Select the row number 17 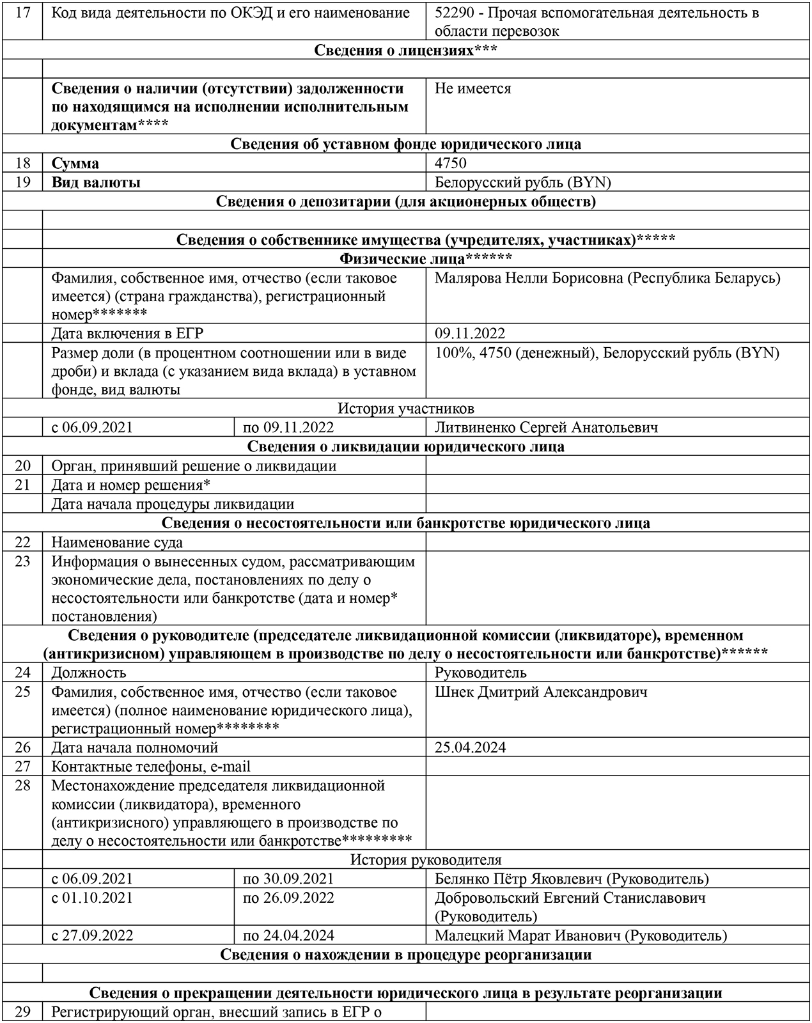pos(22,13)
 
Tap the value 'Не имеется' pos(472,89)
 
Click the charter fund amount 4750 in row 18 pos(451,164)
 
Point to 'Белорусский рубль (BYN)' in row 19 pos(522,183)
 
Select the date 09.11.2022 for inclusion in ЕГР pos(469,334)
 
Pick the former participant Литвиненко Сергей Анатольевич pos(546,428)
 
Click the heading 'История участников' pos(406,409)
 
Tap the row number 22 pos(22,543)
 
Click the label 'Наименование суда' pos(117,543)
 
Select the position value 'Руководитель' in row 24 pos(480,673)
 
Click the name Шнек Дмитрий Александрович pos(540,692)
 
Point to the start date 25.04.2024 pos(470,747)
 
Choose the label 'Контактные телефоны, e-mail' pos(151,767)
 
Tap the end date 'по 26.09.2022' pos(288,898)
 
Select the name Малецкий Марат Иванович pos(528,936)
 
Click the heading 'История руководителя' pos(425,861)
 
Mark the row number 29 pos(22,1012)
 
